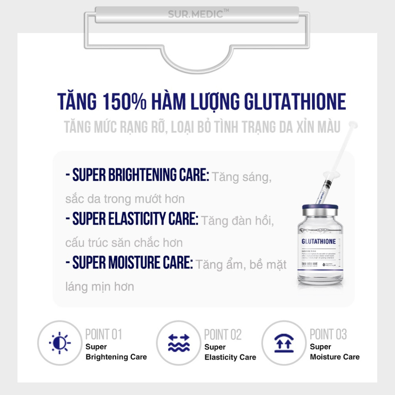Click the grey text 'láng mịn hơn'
(100, 286)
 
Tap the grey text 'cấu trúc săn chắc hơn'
(124, 242)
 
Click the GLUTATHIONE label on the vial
(318, 241)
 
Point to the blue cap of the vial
(320, 207)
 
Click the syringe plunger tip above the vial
(353, 125)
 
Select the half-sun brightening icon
(60, 342)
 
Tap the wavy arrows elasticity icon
(179, 343)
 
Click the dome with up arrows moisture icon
(284, 343)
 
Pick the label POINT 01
(103, 335)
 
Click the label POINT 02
(222, 335)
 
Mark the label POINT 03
(328, 335)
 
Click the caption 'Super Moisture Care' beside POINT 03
(335, 352)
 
